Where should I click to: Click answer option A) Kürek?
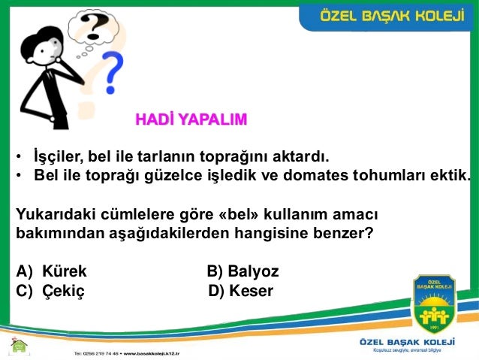click(52, 271)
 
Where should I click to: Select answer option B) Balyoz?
click(243, 271)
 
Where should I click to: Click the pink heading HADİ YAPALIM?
click(191, 119)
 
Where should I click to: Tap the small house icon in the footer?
click(18, 346)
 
